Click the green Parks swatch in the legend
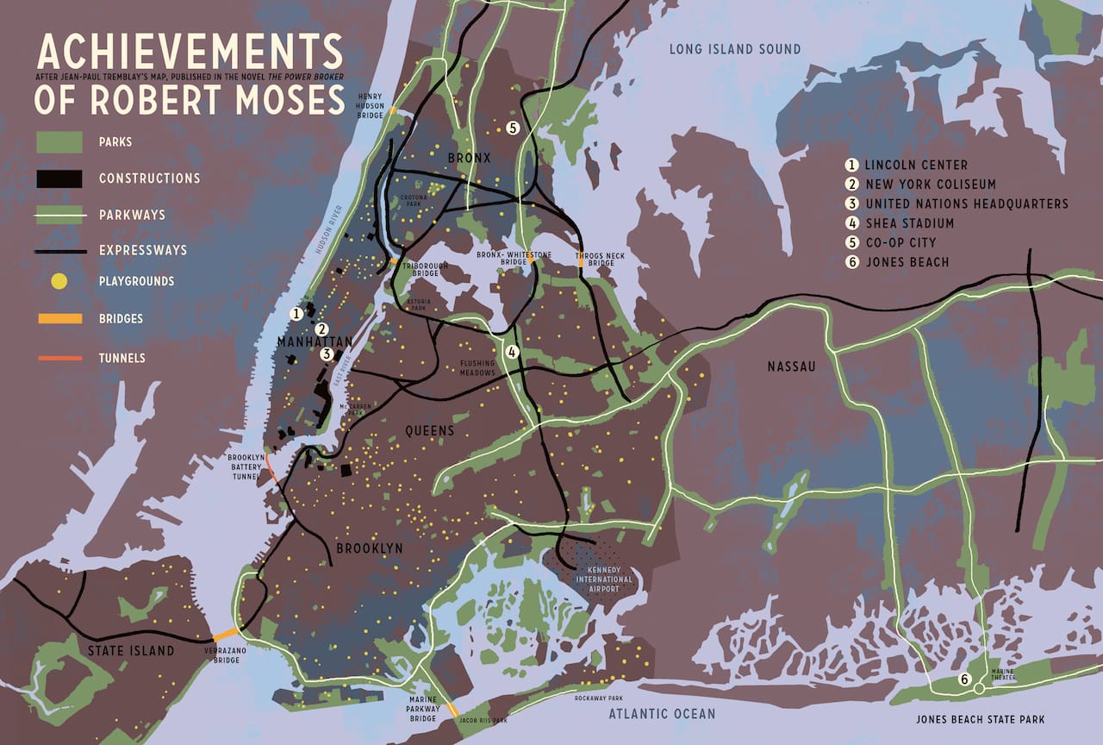pos(59,141)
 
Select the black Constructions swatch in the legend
pos(59,178)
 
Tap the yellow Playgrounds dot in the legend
pos(59,281)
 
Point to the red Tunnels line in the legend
pos(59,357)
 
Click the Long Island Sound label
pos(735,49)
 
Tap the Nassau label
pos(791,367)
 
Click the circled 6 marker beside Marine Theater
pos(964,680)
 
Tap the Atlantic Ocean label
pos(662,713)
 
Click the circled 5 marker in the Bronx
pos(512,128)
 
